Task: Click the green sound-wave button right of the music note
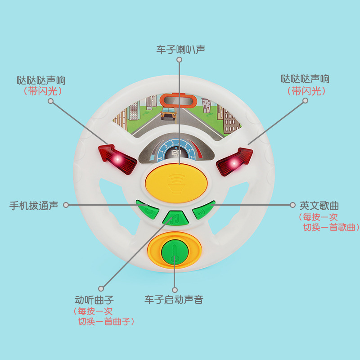203,211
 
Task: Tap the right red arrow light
235,161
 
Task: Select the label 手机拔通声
34,206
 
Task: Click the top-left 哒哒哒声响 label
41,81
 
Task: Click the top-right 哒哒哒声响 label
305,79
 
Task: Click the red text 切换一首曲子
106,322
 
